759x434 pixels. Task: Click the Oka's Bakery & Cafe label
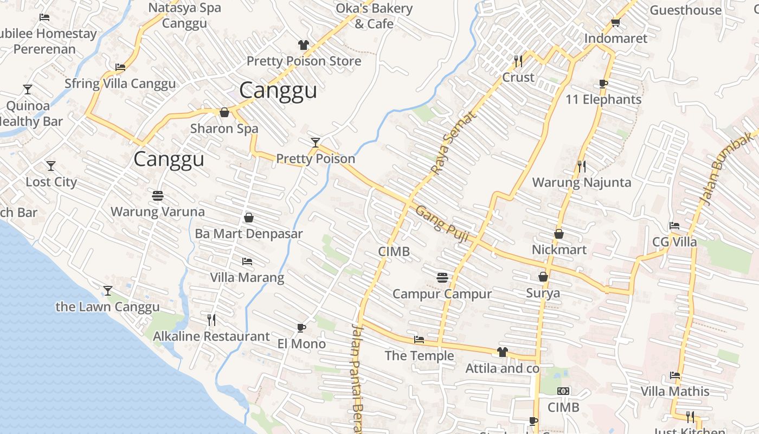[374, 16]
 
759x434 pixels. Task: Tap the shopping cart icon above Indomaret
[615, 22]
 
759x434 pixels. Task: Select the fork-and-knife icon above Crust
[518, 61]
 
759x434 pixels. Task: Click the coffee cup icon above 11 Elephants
[603, 84]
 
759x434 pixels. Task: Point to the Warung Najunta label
[582, 182]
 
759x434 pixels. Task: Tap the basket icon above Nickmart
[559, 234]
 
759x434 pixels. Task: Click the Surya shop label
[543, 293]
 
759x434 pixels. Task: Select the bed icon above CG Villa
[674, 226]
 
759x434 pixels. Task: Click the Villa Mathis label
[675, 391]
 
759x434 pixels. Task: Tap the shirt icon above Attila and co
[502, 352]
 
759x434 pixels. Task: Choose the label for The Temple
[419, 356]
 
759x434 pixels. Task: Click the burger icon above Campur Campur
[442, 278]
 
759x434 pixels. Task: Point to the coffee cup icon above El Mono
[301, 328]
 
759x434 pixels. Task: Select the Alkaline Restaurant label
[211, 336]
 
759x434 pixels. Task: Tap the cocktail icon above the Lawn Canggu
[108, 291]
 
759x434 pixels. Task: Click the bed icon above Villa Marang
[247, 261]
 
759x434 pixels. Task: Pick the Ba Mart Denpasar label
[249, 234]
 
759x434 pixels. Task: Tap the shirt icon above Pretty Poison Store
[303, 45]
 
